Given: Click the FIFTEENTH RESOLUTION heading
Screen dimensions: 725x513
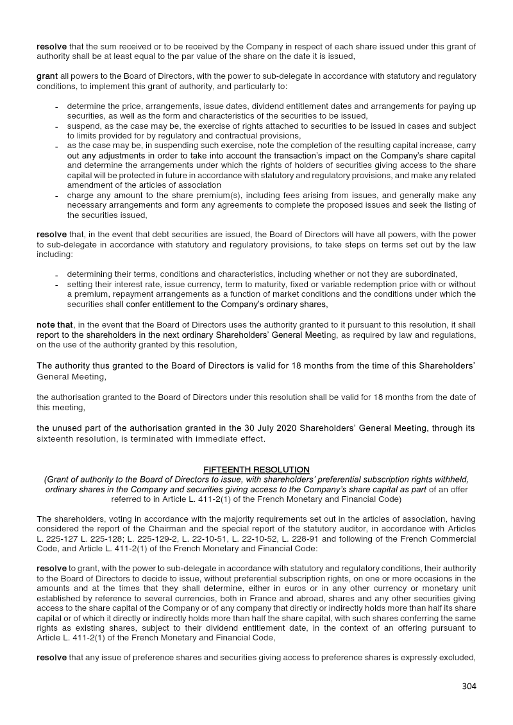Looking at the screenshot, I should pos(256,470).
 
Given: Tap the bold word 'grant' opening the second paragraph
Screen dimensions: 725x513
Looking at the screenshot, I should pos(47,76).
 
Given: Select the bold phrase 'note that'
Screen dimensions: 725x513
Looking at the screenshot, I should pos(55,325).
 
